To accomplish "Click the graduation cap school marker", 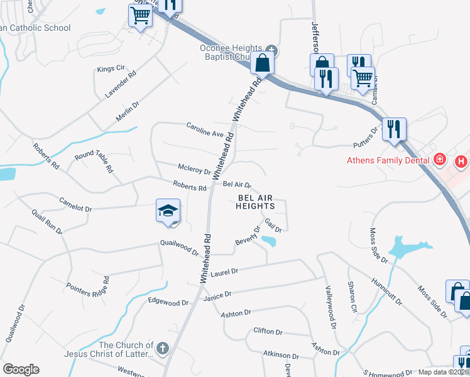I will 168,211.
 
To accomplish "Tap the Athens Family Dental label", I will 387,160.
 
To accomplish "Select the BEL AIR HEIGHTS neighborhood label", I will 256,202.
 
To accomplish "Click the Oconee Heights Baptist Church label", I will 230,53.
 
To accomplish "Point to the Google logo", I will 20,369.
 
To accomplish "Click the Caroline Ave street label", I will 205,129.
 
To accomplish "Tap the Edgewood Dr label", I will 168,302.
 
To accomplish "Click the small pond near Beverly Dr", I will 268,241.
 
